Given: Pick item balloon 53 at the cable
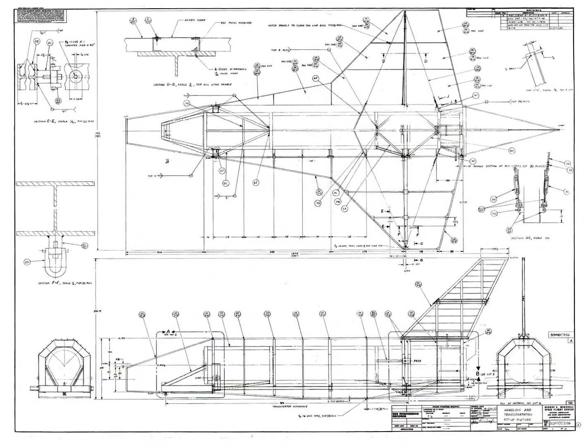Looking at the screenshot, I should (x=568, y=163).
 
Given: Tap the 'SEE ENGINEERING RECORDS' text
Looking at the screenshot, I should (x=405, y=416).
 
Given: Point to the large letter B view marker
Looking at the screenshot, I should (x=478, y=374).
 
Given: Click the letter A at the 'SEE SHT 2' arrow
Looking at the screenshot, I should (x=168, y=331).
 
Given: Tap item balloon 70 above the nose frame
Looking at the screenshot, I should (x=187, y=105).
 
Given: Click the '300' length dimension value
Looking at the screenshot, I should (x=144, y=252).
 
